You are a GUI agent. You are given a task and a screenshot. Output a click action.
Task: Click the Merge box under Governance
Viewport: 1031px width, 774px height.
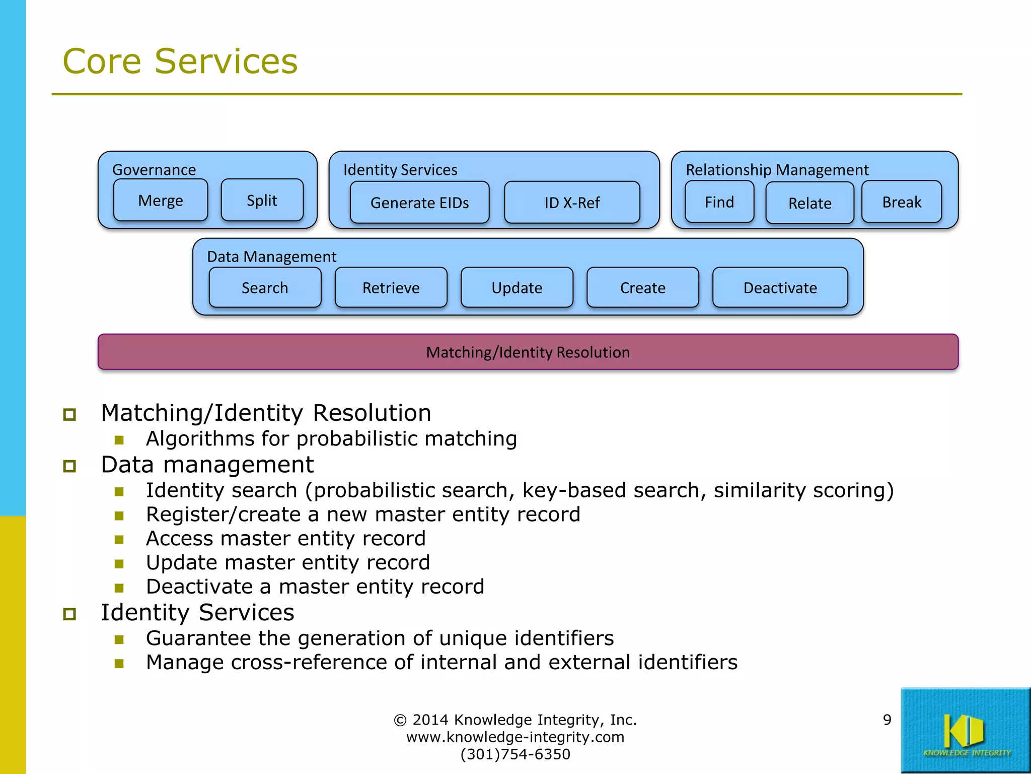pyautogui.click(x=161, y=201)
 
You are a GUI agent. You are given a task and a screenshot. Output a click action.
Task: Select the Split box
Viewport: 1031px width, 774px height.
pyautogui.click(x=262, y=201)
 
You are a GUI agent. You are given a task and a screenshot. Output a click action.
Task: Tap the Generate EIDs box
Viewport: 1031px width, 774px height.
pyautogui.click(x=419, y=203)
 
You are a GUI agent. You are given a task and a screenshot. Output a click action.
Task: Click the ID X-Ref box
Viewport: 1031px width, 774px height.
pyautogui.click(x=572, y=203)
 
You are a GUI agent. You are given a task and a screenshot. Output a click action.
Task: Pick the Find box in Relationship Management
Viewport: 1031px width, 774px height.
pyautogui.click(x=719, y=202)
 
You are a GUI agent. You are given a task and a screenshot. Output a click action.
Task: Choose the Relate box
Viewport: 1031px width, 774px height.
pyautogui.click(x=809, y=203)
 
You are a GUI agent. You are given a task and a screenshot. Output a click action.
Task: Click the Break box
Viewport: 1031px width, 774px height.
pyautogui.click(x=901, y=202)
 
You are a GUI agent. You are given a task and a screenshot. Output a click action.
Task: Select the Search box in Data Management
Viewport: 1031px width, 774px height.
pyautogui.click(x=265, y=288)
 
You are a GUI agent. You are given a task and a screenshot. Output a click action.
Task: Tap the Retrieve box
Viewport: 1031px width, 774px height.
pyautogui.click(x=391, y=288)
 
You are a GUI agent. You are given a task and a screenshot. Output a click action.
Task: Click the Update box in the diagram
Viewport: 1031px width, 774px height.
pyautogui.click(x=517, y=288)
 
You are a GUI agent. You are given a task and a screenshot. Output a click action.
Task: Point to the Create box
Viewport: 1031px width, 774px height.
pyautogui.click(x=642, y=288)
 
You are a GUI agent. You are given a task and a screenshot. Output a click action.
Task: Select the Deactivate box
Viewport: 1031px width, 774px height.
pyautogui.click(x=780, y=288)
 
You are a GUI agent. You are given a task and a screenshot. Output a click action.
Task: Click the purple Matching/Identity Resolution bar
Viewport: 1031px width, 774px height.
pyautogui.click(x=528, y=352)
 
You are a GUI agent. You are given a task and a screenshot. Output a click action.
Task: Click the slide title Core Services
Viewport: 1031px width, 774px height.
pyautogui.click(x=180, y=61)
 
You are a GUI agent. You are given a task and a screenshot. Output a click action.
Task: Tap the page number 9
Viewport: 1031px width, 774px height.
pyautogui.click(x=887, y=720)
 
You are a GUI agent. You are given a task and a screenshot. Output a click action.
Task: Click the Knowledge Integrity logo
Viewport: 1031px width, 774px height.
pyautogui.click(x=965, y=731)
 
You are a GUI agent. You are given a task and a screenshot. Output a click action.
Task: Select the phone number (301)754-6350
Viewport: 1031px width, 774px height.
pyautogui.click(x=515, y=754)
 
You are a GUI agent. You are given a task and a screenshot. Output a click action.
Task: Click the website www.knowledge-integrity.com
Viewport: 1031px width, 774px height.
pyautogui.click(x=515, y=737)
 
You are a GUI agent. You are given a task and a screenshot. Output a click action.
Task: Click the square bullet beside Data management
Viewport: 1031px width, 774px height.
pyautogui.click(x=69, y=466)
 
